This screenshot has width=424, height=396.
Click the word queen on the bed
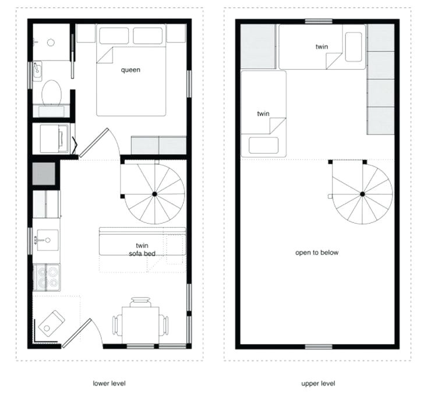pyautogui.click(x=130, y=70)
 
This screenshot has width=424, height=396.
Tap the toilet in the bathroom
pyautogui.click(x=51, y=92)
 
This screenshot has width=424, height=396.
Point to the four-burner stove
pyautogui.click(x=47, y=277)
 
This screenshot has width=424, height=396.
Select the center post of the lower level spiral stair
pyautogui.click(x=154, y=193)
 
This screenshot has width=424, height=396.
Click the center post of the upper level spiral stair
pyautogui.click(x=362, y=194)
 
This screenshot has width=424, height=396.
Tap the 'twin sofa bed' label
pyautogui.click(x=140, y=249)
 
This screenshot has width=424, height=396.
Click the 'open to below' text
pyautogui.click(x=316, y=253)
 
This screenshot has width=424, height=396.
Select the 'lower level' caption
pyautogui.click(x=109, y=383)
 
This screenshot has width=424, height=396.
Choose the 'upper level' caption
pyautogui.click(x=318, y=383)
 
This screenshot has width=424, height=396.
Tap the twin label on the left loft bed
pyautogui.click(x=263, y=114)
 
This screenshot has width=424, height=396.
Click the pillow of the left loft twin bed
pyautogui.click(x=263, y=144)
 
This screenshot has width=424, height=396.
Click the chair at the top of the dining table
pyautogui.click(x=140, y=302)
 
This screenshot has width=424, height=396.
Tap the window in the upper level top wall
pyautogui.click(x=319, y=22)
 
